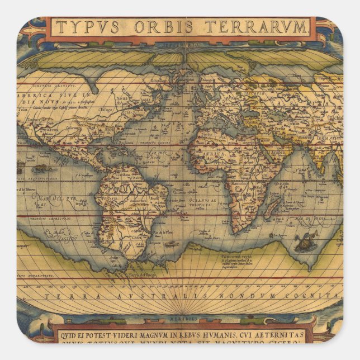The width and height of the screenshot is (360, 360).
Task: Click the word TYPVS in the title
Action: tap(84, 27)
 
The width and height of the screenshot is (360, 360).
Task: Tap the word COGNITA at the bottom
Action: tap(321, 295)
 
